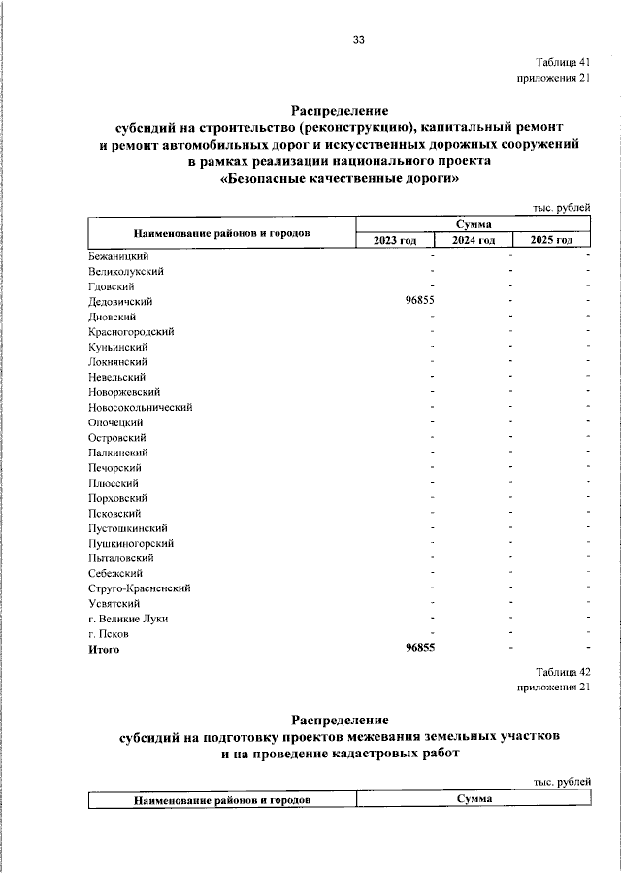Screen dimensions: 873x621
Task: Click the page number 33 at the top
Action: [358, 40]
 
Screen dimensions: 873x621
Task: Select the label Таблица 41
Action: [563, 61]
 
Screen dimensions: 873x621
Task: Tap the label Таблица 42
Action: [563, 671]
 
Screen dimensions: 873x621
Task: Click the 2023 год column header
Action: [395, 240]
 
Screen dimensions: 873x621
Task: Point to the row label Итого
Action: [104, 649]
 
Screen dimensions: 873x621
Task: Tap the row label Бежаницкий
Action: [117, 255]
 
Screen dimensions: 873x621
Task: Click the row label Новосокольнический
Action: [140, 407]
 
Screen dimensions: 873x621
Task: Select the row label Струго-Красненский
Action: [138, 588]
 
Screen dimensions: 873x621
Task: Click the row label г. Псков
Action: [108, 633]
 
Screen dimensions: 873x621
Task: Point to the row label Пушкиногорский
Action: [131, 543]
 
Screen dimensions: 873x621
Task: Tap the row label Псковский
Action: [114, 513]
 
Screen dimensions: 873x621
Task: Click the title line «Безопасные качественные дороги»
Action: [340, 179]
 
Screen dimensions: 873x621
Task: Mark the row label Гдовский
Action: [111, 286]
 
